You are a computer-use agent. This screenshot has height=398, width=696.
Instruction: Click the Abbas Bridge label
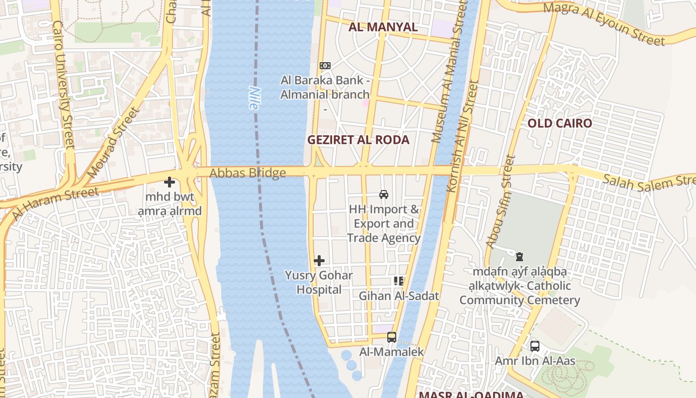coord(248,173)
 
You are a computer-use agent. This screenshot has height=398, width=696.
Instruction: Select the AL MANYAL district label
coord(383,27)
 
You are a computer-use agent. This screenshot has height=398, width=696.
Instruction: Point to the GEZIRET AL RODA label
coord(358,140)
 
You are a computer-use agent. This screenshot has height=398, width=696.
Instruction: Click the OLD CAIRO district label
coord(560,123)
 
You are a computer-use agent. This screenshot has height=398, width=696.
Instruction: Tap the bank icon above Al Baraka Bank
coord(325,66)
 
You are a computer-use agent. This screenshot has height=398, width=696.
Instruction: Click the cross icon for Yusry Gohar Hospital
coord(319,261)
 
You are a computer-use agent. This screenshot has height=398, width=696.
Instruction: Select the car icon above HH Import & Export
coord(384,195)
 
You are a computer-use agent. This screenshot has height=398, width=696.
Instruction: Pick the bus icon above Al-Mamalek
coord(392,337)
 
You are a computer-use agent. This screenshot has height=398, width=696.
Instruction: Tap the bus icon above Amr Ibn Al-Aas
coord(535,346)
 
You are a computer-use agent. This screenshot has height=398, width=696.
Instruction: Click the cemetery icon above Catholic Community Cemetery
coord(520,257)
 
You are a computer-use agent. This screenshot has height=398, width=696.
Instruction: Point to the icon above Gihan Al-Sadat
coord(399,282)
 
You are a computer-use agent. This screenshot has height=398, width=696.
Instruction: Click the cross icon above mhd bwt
coord(170,183)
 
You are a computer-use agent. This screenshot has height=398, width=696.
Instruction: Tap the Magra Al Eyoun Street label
coord(604,23)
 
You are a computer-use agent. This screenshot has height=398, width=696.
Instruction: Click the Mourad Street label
coord(113,143)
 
